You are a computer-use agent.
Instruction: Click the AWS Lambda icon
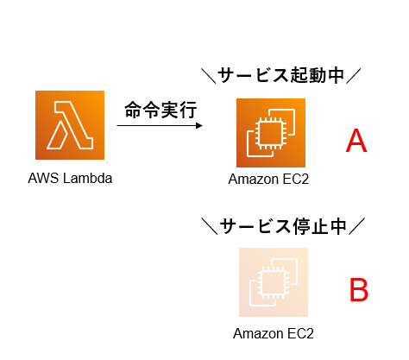[70, 125]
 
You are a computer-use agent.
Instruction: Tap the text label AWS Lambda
[70, 178]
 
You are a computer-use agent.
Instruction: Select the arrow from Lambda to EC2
[160, 125]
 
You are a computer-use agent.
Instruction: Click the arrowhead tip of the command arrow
[203, 125]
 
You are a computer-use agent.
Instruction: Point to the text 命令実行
[160, 110]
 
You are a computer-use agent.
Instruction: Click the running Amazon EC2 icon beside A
[271, 133]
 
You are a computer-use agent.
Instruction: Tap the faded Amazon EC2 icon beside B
[274, 282]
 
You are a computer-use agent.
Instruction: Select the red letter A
[356, 141]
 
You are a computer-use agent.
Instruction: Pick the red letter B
[359, 290]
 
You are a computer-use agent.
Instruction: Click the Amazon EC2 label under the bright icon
[268, 179]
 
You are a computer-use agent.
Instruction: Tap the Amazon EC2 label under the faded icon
[274, 333]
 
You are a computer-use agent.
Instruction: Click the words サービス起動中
[280, 75]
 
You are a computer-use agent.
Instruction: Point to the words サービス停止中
[283, 226]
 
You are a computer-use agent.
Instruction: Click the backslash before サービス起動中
[209, 76]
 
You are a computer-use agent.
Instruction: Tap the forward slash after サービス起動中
[353, 76]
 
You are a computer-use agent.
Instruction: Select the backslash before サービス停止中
[210, 226]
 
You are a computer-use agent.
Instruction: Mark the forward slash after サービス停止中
[356, 226]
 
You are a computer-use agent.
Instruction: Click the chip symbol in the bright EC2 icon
[270, 133]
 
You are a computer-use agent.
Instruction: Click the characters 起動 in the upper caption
[308, 75]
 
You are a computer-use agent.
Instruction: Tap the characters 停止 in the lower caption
[311, 226]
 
